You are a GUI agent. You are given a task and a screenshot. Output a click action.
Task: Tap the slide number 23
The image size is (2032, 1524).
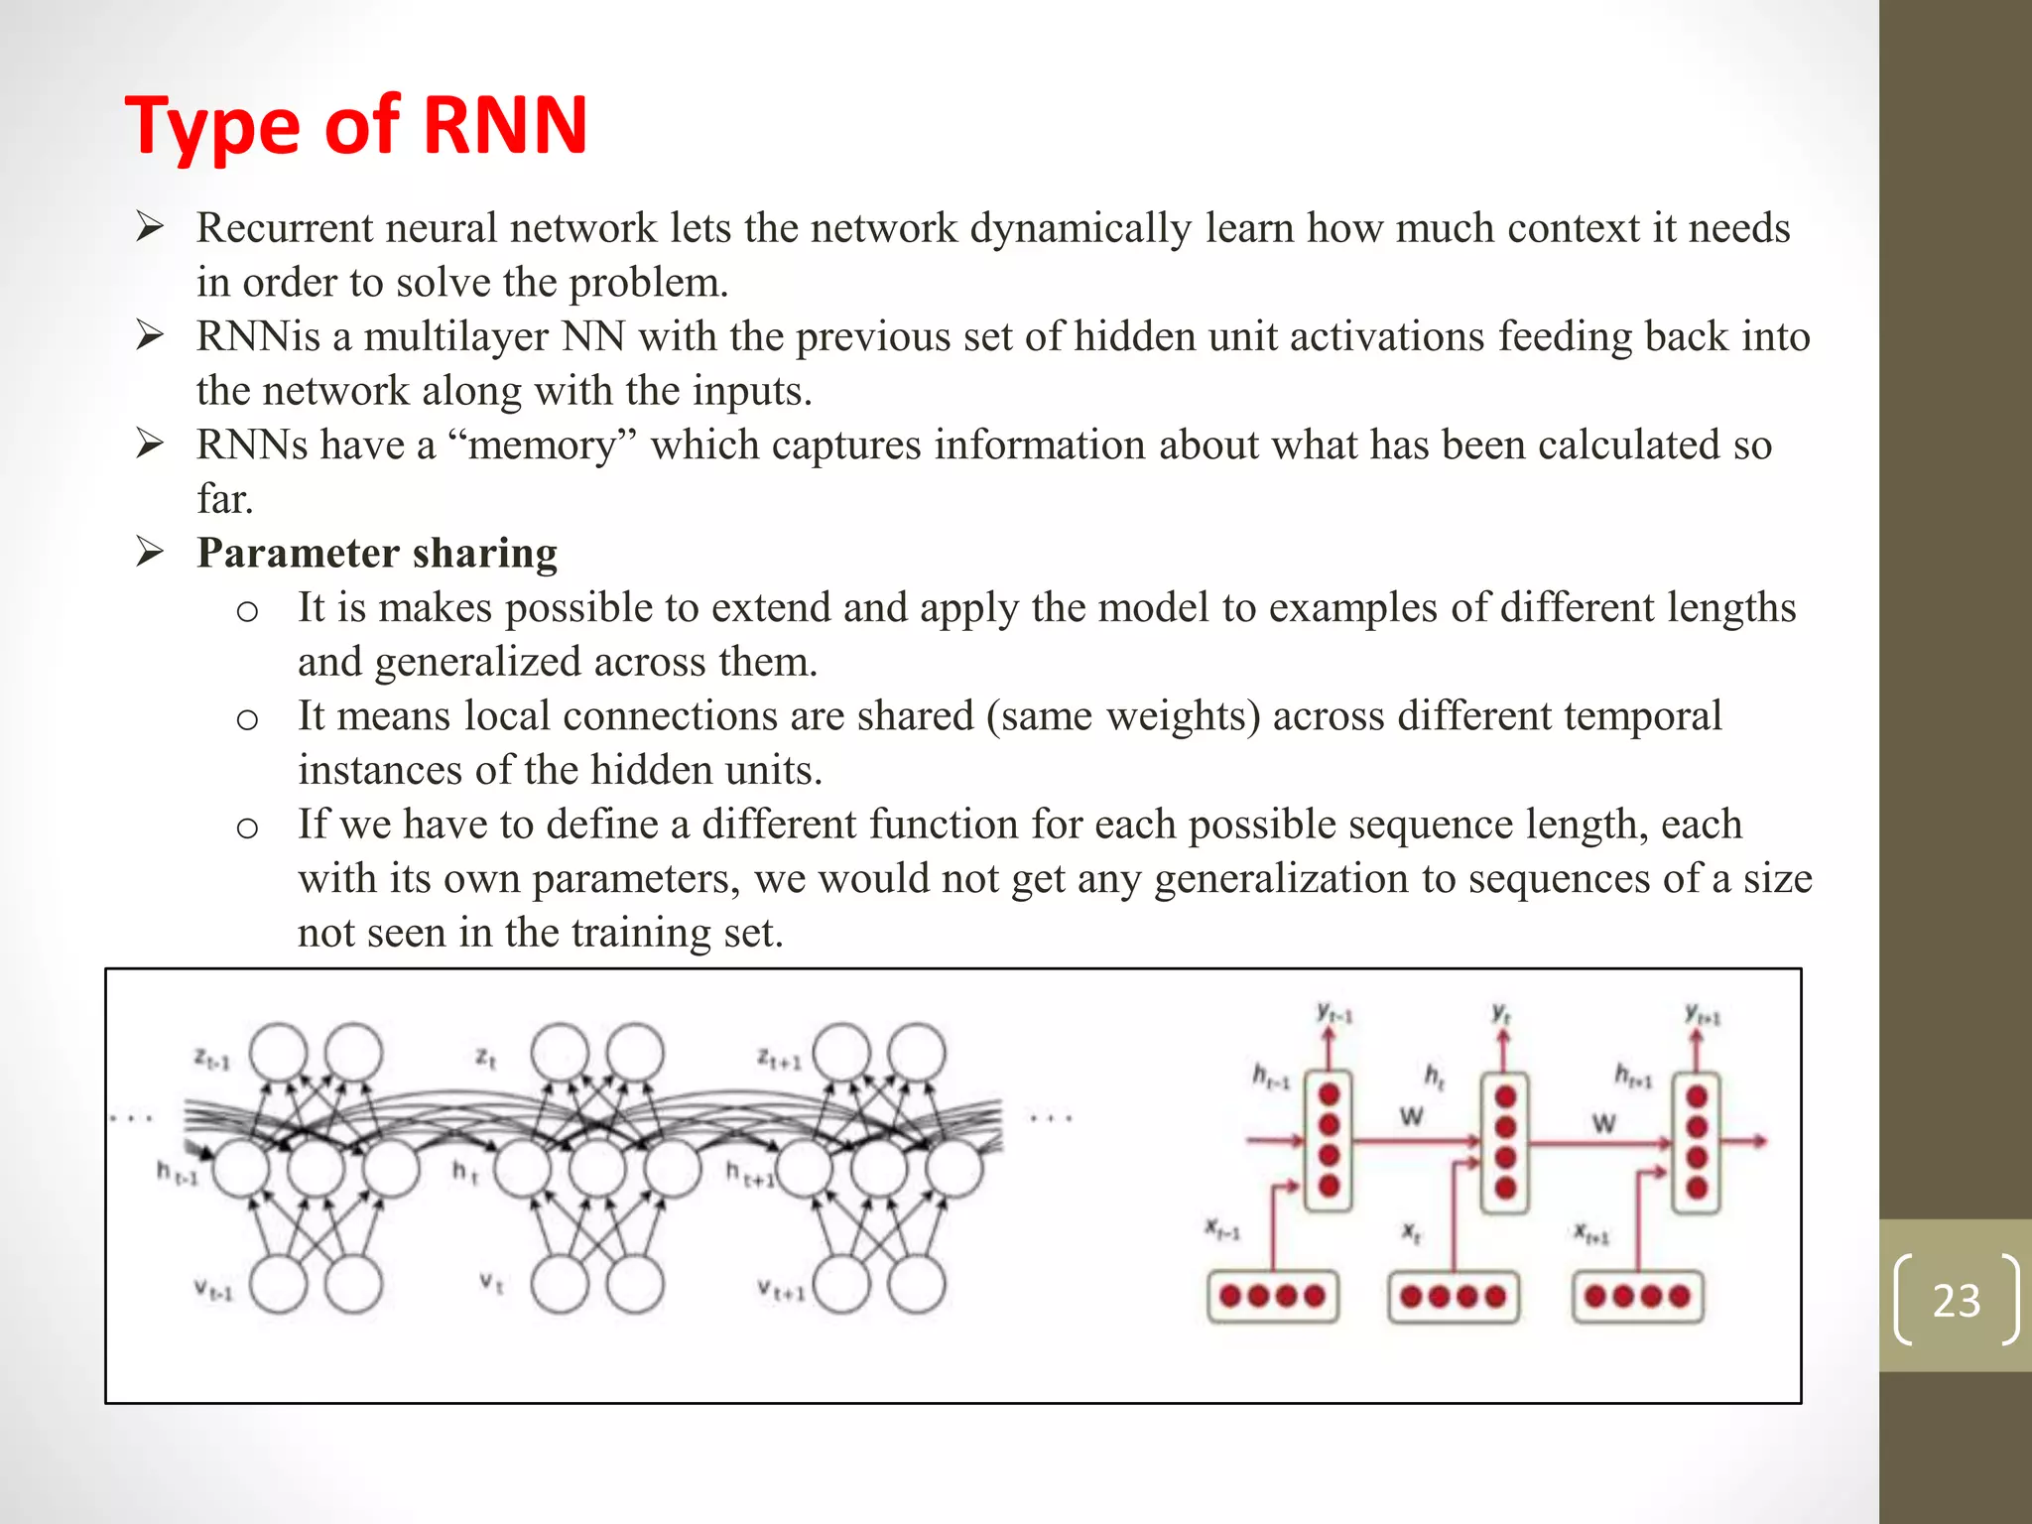[x=1956, y=1300]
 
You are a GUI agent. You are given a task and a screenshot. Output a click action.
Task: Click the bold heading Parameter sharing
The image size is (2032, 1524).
[x=377, y=553]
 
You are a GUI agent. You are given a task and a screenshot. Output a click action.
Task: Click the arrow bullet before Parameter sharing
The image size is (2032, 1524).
[x=150, y=551]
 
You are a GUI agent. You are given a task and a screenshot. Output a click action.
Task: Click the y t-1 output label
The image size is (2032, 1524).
[x=1334, y=1013]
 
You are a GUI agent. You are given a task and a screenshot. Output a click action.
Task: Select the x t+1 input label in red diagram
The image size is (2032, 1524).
[x=1591, y=1233]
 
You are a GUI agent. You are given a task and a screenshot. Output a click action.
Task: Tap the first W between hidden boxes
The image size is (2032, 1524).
[x=1411, y=1116]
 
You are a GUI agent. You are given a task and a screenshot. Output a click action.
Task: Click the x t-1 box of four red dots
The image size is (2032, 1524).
[x=1272, y=1296]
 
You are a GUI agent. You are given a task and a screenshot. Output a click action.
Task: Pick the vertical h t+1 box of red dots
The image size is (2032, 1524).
[x=1697, y=1142]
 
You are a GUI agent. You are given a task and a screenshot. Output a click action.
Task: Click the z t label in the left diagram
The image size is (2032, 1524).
[x=484, y=1058]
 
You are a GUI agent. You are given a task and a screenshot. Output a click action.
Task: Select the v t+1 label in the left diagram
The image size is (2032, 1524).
[x=780, y=1290]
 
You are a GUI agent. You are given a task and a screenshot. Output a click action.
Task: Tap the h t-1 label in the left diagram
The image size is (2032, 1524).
[x=178, y=1174]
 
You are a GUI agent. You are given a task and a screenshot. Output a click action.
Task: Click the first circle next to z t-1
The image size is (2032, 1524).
[x=278, y=1053]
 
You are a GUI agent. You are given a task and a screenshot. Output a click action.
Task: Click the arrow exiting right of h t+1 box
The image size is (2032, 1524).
[x=1745, y=1141]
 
